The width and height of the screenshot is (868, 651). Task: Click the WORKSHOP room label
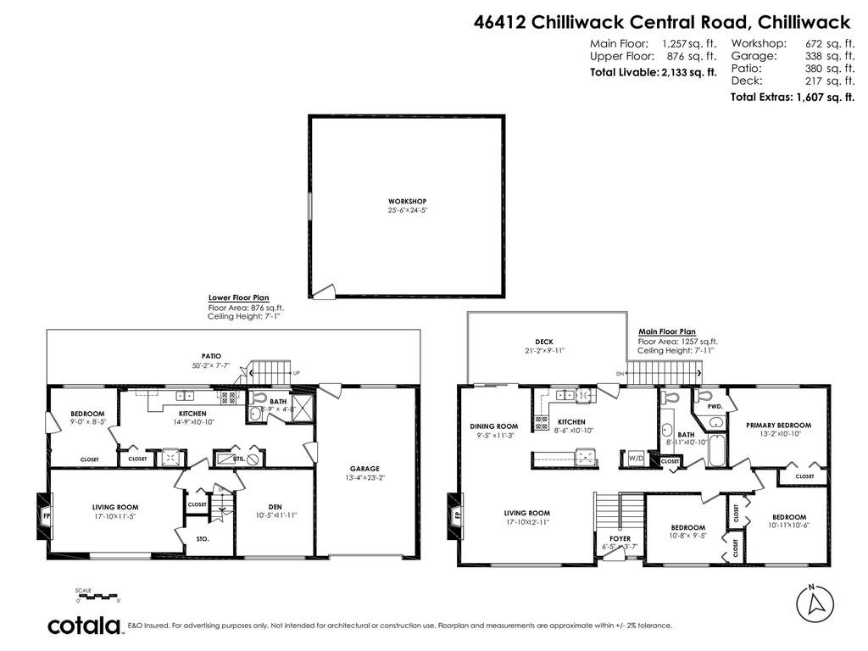[407, 201]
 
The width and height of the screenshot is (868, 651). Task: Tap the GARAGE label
[364, 469]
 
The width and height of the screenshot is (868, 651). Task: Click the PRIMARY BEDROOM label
[778, 426]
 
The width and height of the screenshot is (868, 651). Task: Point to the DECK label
[543, 342]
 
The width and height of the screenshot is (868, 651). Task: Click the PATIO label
[210, 357]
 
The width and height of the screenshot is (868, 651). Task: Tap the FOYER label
[620, 538]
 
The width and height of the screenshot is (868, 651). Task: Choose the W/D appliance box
[635, 459]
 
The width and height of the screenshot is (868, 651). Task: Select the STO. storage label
[203, 538]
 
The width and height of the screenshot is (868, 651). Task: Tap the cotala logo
[84, 626]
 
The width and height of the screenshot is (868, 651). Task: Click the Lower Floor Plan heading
[238, 298]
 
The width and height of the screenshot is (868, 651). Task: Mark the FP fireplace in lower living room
[47, 515]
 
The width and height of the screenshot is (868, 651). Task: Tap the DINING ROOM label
[493, 426]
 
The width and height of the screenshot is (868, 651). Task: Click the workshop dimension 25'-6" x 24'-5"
[407, 209]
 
